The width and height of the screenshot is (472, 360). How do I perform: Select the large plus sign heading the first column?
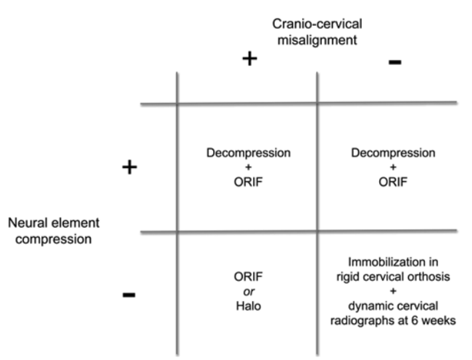pyautogui.click(x=249, y=59)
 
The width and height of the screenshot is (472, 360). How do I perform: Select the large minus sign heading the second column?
pyautogui.click(x=394, y=62)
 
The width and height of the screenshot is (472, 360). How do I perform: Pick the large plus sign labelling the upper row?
pyautogui.click(x=130, y=167)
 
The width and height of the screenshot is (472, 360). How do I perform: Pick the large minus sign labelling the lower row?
pyautogui.click(x=129, y=294)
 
